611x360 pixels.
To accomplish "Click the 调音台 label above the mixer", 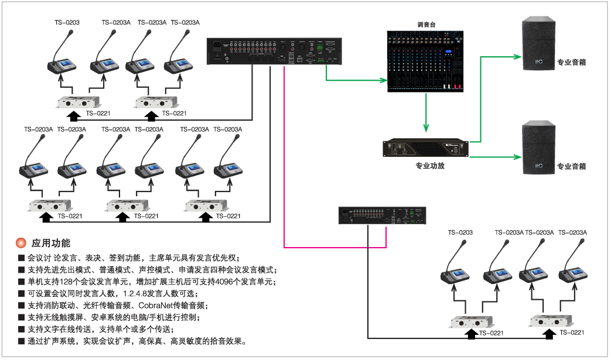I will click(x=426, y=25).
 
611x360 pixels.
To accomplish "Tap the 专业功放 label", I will click(x=426, y=166).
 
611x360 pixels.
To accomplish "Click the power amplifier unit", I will click(x=426, y=148).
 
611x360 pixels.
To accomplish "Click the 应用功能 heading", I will click(x=51, y=243).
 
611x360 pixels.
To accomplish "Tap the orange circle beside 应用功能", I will click(x=21, y=243).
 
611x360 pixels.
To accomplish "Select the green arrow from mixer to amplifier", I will click(x=426, y=111).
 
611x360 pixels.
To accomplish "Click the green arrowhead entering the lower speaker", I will click(x=517, y=157).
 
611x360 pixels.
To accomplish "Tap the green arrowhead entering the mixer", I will click(x=384, y=80).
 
